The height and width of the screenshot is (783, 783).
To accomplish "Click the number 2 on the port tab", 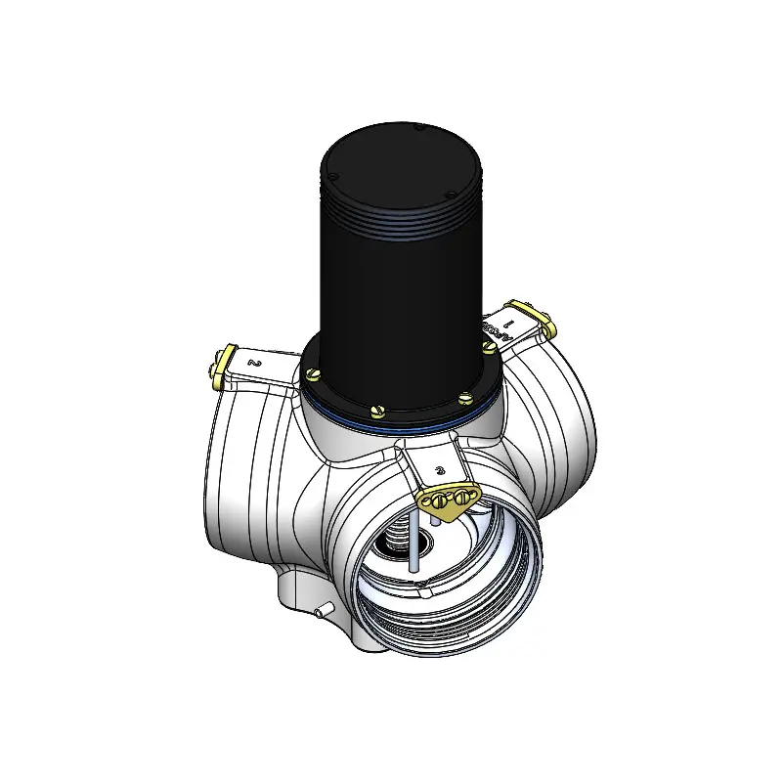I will pos(255,362).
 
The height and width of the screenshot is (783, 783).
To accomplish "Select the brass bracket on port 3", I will pos(449,500).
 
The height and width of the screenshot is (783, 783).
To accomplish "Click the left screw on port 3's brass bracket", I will pos(437,501).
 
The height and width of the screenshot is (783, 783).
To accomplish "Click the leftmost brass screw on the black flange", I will pos(313,373).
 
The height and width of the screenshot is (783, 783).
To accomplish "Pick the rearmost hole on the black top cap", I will pos(417,128).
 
